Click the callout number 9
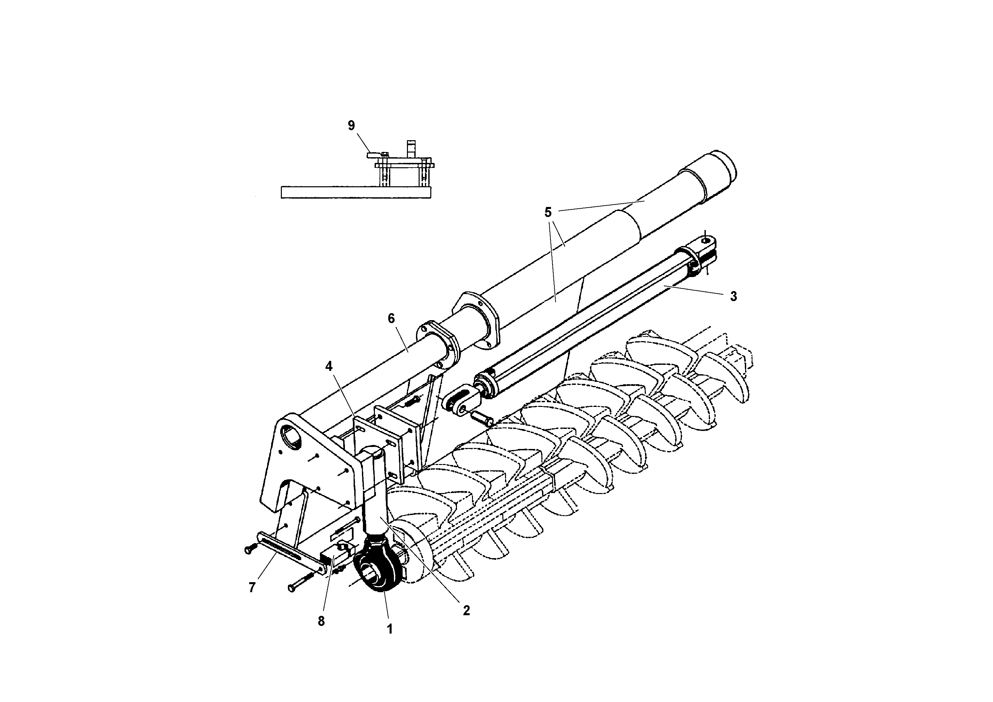tap(351, 126)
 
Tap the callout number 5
tap(548, 213)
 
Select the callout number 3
tap(733, 296)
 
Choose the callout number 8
tap(321, 621)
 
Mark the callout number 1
tap(390, 629)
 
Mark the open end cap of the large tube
tap(723, 167)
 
